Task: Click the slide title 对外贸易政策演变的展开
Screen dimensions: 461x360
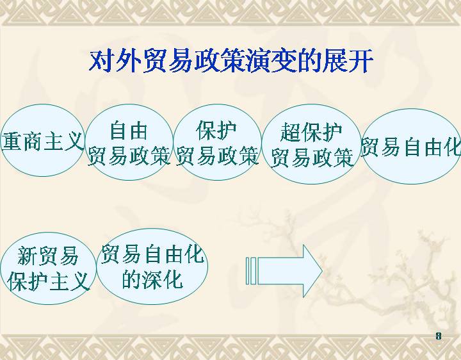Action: [231, 61]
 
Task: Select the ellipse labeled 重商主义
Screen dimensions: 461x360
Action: [43, 140]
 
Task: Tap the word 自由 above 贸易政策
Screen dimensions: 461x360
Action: [129, 131]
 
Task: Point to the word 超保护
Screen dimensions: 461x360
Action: [311, 133]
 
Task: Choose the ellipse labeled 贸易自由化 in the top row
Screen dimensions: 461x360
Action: [410, 146]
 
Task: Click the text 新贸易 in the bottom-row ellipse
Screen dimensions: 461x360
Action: [47, 256]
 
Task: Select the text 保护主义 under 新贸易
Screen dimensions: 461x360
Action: [48, 281]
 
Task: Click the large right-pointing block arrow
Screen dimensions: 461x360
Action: [284, 271]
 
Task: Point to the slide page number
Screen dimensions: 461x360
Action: [439, 336]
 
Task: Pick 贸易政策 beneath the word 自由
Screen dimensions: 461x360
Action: [129, 156]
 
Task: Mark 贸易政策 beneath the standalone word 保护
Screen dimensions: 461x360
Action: [217, 156]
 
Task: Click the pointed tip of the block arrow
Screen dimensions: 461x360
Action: [323, 271]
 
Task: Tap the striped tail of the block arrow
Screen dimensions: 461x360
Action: [251, 271]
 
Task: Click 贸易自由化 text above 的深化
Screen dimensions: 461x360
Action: [152, 254]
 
